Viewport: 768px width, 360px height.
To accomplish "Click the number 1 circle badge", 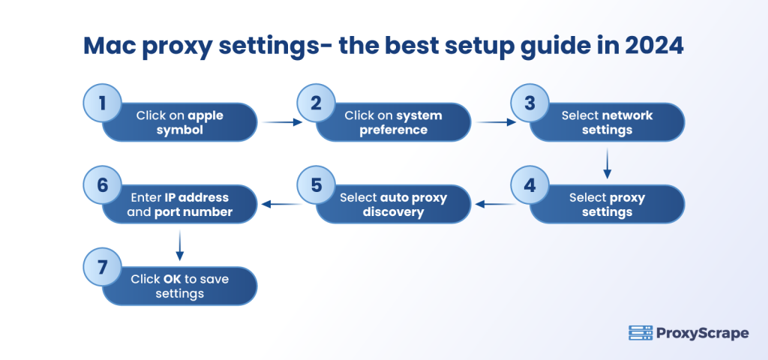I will pyautogui.click(x=102, y=103).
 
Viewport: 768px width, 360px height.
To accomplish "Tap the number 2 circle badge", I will pyautogui.click(x=316, y=103).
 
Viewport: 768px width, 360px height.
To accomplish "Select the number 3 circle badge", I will pyautogui.click(x=529, y=103).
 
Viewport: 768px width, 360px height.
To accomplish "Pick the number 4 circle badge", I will pyautogui.click(x=529, y=185).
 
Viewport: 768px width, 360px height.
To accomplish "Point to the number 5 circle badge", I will pyautogui.click(x=316, y=185).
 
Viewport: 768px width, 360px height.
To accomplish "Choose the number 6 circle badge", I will pyautogui.click(x=102, y=185).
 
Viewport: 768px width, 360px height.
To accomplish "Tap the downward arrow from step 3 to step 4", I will pyautogui.click(x=607, y=163).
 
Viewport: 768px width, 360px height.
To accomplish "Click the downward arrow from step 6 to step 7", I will pyautogui.click(x=179, y=245).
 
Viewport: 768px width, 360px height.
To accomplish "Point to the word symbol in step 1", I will pyautogui.click(x=179, y=130).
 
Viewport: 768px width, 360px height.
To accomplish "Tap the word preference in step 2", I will pyautogui.click(x=393, y=130).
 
